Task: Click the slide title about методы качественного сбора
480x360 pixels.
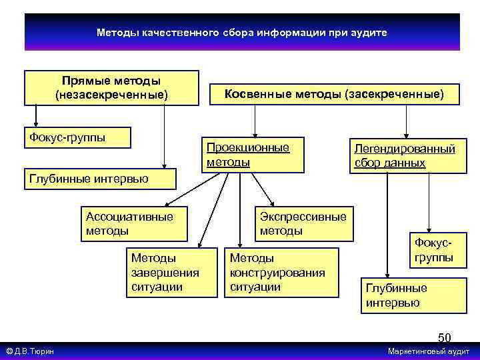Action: (x=241, y=32)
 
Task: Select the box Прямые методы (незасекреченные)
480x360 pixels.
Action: (x=111, y=88)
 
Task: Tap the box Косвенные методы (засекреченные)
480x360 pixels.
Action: (x=333, y=95)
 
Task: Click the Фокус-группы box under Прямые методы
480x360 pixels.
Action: (x=77, y=137)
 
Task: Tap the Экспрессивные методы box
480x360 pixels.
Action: (x=304, y=224)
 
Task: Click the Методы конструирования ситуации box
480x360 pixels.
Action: (x=280, y=272)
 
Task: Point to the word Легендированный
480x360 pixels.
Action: (x=405, y=149)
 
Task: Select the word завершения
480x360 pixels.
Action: (x=165, y=272)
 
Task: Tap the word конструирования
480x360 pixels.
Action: (x=277, y=272)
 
